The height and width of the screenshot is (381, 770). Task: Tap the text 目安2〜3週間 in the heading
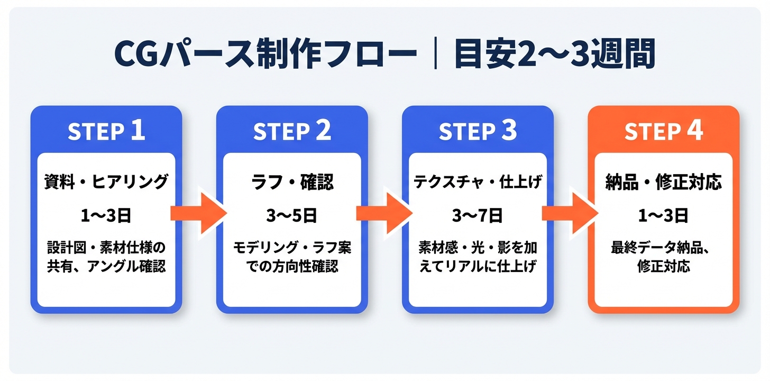coord(555,54)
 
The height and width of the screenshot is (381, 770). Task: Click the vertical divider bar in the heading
coord(435,54)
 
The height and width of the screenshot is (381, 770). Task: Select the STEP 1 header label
coord(106,132)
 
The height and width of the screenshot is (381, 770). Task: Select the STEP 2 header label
coord(292,132)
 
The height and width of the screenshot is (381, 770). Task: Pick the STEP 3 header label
coord(478,132)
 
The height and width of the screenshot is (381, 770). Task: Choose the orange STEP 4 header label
coord(664,132)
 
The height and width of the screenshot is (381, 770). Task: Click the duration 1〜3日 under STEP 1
coord(106,215)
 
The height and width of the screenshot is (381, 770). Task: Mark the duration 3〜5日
coord(292,215)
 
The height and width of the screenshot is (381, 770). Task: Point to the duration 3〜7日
coord(478,215)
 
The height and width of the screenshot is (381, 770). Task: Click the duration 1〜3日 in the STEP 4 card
coord(664,215)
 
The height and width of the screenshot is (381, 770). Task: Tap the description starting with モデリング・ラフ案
coord(292,257)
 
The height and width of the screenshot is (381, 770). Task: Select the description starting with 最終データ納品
coord(664,257)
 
